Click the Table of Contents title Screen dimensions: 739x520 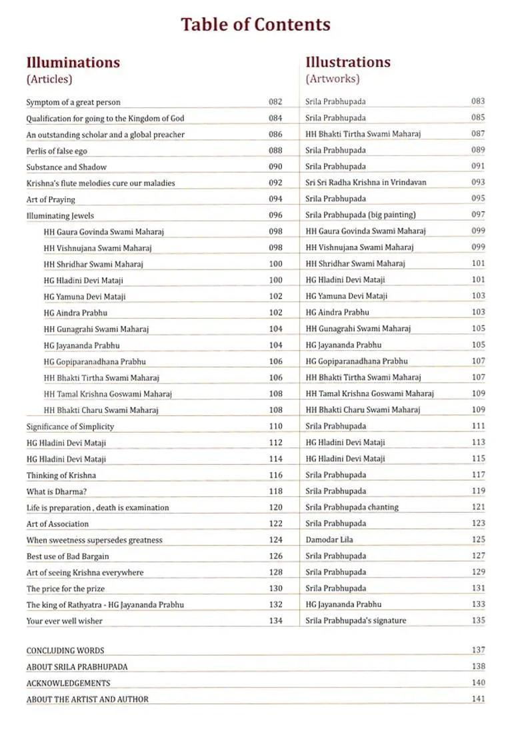point(255,25)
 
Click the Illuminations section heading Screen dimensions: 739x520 point(73,63)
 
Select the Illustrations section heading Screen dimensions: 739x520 point(348,62)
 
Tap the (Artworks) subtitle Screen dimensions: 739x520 point(333,79)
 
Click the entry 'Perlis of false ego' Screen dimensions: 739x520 point(57,151)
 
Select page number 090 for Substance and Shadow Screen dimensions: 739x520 point(275,167)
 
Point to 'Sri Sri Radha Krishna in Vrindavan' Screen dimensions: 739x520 point(366,182)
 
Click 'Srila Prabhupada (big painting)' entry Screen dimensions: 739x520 point(361,215)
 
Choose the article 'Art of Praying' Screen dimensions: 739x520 point(51,199)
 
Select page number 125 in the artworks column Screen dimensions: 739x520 point(478,540)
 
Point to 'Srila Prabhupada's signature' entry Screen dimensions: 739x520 point(356,620)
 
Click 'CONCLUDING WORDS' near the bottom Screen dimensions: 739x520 point(65,650)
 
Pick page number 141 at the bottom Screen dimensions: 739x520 point(478,699)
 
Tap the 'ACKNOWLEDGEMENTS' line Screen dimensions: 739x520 point(68,683)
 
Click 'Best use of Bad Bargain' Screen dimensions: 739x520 point(68,556)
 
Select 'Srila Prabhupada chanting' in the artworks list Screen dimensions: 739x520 point(352,507)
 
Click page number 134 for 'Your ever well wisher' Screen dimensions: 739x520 point(275,621)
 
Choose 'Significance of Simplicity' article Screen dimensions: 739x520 point(70,426)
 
